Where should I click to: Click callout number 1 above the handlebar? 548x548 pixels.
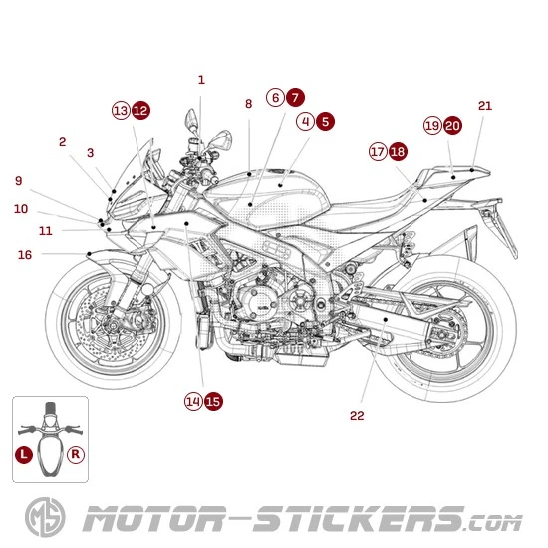click(x=201, y=80)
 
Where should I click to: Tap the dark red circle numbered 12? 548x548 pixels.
click(x=141, y=111)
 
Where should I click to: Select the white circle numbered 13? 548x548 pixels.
click(x=121, y=111)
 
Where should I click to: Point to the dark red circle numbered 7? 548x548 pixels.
click(x=295, y=98)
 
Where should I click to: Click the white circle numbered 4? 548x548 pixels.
click(x=306, y=121)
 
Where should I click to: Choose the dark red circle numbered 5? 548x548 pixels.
click(x=326, y=121)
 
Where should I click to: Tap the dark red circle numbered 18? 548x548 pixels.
click(x=398, y=152)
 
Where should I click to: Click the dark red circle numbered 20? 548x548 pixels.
click(x=452, y=126)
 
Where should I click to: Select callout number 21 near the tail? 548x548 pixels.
click(x=485, y=106)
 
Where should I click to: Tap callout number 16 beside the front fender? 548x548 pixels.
click(x=25, y=255)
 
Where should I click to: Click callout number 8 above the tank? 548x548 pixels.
click(x=248, y=104)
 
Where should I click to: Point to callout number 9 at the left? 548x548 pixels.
click(x=18, y=181)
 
